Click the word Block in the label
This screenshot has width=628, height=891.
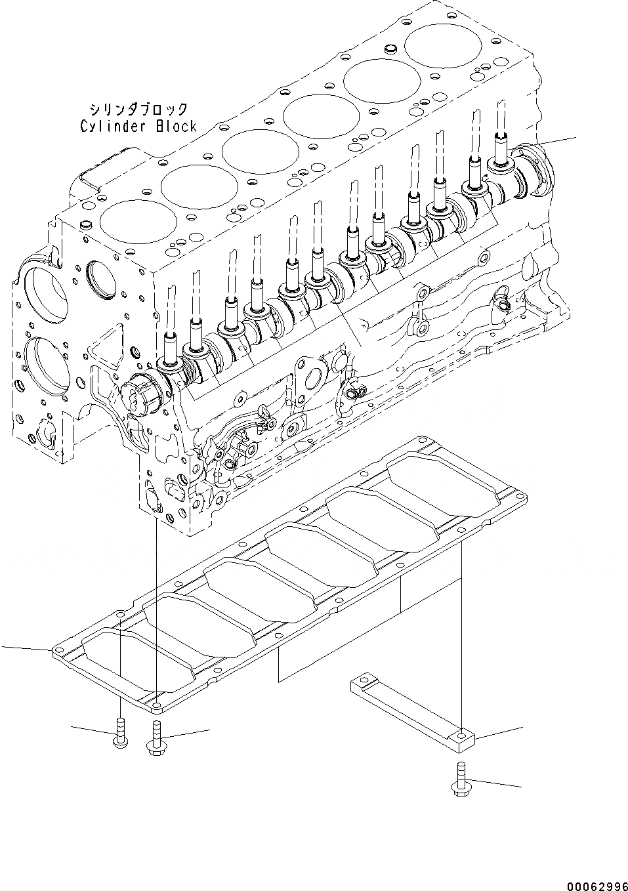(x=175, y=127)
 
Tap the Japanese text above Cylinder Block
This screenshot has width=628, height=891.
(x=138, y=109)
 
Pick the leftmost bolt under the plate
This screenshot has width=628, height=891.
(x=119, y=732)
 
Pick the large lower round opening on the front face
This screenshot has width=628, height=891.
(x=47, y=363)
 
